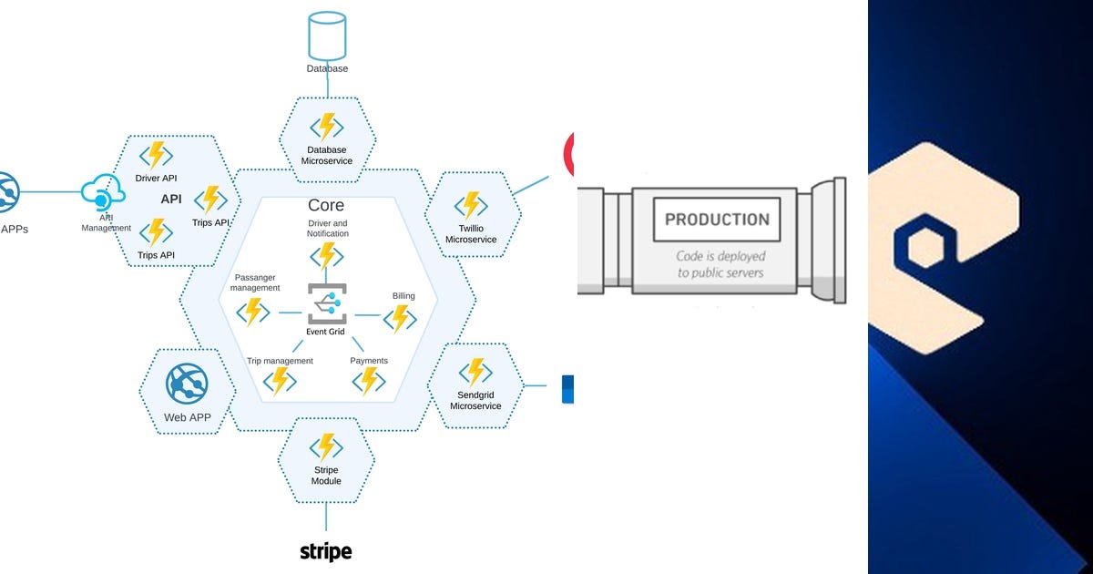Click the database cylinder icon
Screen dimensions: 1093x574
327,36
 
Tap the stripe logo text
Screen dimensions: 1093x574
326,551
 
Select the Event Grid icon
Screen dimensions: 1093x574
327,303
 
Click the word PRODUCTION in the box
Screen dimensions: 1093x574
718,220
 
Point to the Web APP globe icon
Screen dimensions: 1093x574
187,384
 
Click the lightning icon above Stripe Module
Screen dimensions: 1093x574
326,447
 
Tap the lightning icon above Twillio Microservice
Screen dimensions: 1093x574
471,206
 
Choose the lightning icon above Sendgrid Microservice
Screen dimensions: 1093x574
475,372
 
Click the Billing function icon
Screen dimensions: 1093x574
400,319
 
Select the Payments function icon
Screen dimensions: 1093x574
369,381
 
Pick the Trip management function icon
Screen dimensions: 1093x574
280,381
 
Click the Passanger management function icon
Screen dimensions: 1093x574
253,313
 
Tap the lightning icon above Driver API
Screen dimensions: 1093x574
156,156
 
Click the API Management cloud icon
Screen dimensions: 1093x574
103,192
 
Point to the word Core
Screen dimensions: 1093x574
326,205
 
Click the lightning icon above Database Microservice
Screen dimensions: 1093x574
327,128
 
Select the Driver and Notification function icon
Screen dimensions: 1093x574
327,257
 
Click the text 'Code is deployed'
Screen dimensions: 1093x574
720,257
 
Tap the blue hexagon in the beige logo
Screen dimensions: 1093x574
925,247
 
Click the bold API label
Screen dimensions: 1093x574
171,200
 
